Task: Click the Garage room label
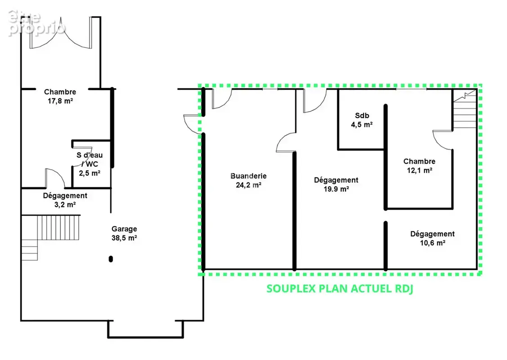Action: coord(124,229)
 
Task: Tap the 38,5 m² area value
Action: coord(124,238)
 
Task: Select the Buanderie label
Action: coord(248,176)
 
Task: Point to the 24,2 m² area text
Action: coord(248,185)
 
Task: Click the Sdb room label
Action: coord(362,116)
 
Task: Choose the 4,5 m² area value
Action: coord(362,125)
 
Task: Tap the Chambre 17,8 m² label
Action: coord(60,96)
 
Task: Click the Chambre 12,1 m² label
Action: coord(419,166)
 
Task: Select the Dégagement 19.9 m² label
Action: coord(337,184)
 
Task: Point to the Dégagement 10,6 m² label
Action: coord(433,238)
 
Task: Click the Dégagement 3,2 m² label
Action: coord(65,200)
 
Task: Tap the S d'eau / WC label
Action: coord(90,159)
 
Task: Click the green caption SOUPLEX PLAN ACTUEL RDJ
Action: coord(340,288)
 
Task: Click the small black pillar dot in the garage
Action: coord(111,259)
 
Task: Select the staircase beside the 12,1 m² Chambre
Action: coord(465,110)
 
